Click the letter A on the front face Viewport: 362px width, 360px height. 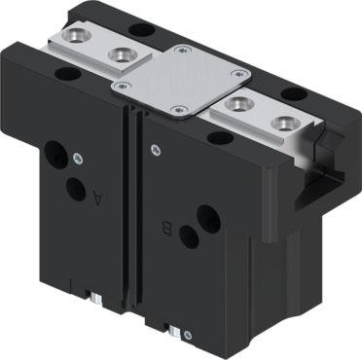point(98,198)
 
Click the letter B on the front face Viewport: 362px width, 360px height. point(168,229)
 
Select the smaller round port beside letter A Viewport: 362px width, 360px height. point(76,190)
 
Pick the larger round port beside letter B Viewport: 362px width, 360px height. point(209,217)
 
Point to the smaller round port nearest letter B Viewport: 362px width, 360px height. point(189,237)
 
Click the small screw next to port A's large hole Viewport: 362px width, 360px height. point(78,159)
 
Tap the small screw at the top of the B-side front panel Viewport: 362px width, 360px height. point(156,150)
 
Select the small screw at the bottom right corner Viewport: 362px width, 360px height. point(187,335)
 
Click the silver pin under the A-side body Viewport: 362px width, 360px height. point(96,299)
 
